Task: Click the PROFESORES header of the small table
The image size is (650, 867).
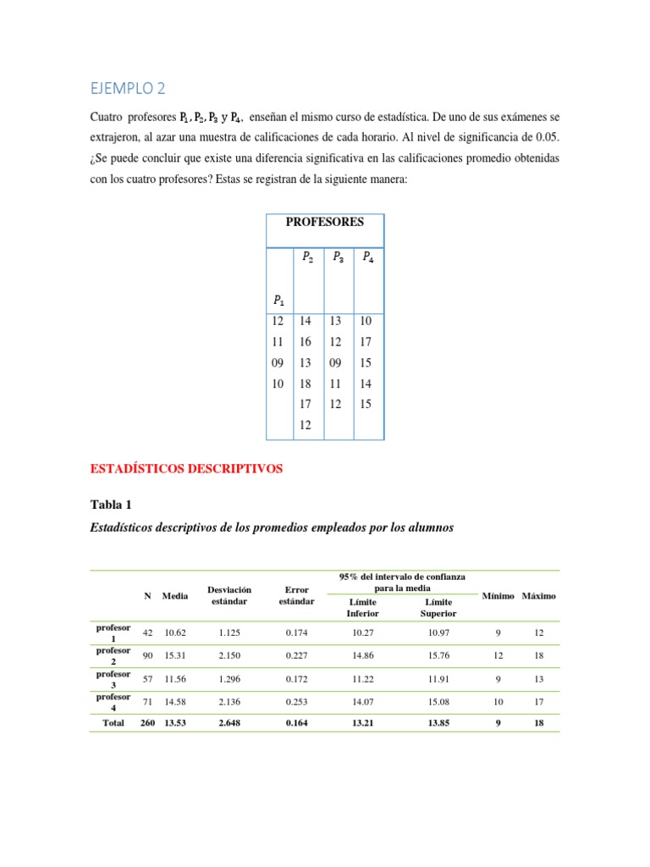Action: click(x=325, y=222)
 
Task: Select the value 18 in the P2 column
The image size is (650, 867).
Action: click(x=306, y=384)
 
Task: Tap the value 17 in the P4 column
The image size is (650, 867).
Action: click(x=365, y=342)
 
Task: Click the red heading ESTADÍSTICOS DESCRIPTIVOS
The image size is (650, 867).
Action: click(x=186, y=467)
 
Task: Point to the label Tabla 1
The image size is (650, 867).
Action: click(x=111, y=505)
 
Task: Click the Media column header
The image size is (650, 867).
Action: click(x=175, y=596)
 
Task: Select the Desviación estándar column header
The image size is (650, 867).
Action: click(x=229, y=595)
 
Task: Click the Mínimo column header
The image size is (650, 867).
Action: click(x=498, y=596)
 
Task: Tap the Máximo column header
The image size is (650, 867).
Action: click(x=539, y=596)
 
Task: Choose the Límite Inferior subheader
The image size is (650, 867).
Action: click(x=362, y=607)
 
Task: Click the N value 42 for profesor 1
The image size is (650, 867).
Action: click(x=147, y=632)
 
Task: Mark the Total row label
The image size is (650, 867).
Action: click(x=113, y=723)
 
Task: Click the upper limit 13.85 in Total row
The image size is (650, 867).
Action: click(x=438, y=723)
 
